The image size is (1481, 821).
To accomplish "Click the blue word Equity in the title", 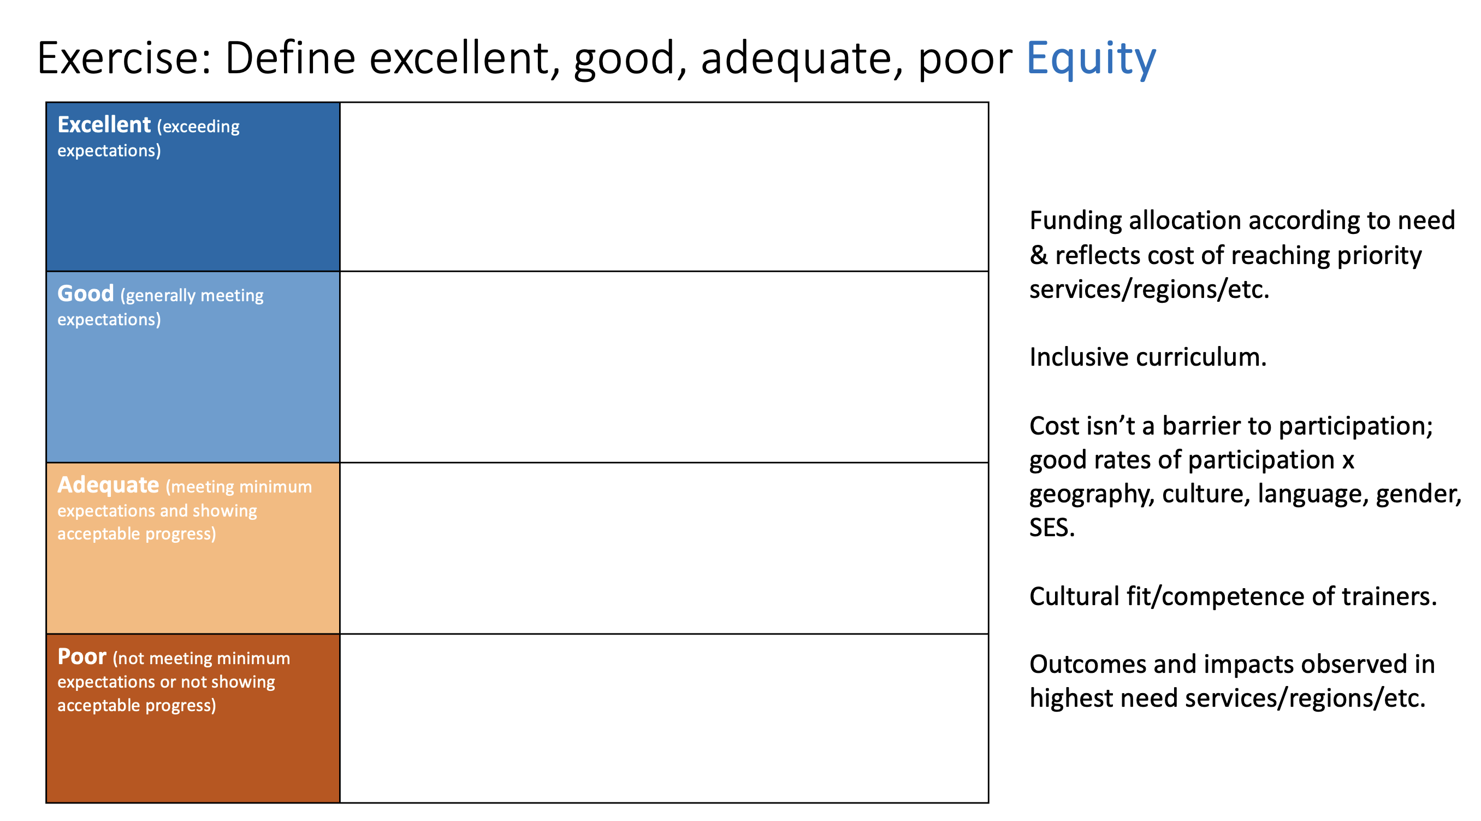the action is tap(1091, 59).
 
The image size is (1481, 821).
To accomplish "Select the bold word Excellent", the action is tap(104, 124).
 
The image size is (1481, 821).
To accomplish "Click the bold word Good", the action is tap(86, 294).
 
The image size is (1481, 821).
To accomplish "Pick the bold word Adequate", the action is tap(108, 485).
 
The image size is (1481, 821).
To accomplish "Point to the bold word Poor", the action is tap(81, 656).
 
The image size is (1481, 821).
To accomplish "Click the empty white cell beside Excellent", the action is tap(664, 187).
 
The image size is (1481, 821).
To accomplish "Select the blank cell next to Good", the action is tap(664, 367).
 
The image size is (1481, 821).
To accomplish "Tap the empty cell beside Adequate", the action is tap(664, 548).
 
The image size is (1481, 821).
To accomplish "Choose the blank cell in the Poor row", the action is tap(664, 718).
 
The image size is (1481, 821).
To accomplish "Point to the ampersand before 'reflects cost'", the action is tap(1038, 255).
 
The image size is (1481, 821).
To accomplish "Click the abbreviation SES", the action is tap(1052, 527).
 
